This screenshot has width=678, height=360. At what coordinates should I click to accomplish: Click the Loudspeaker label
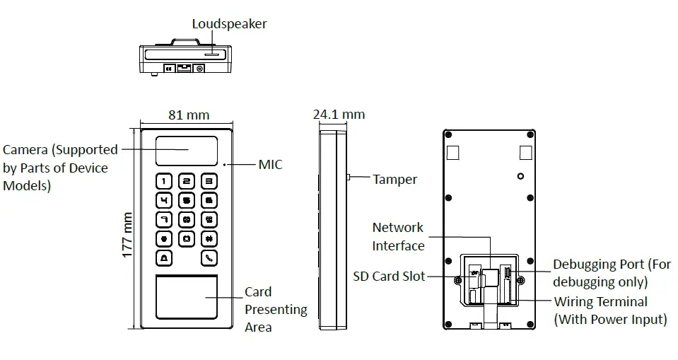(x=229, y=24)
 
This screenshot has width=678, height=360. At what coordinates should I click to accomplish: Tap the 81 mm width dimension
(x=188, y=115)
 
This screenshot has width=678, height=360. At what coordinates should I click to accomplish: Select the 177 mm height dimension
(x=128, y=234)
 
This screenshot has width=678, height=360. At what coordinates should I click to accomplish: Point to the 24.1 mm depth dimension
(x=339, y=114)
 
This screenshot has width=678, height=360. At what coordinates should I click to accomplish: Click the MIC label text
(x=270, y=165)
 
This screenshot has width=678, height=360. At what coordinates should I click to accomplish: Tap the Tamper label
(x=394, y=180)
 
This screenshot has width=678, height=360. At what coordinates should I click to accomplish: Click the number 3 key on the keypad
(x=209, y=182)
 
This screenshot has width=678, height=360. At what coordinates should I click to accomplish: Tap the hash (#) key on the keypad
(x=209, y=239)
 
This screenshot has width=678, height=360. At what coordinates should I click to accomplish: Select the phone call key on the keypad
(x=209, y=258)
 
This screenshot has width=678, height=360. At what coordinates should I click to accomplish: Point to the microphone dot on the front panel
(x=226, y=165)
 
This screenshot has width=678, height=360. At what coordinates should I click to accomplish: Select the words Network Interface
(x=398, y=237)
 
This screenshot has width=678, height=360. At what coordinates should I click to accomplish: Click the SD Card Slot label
(x=389, y=276)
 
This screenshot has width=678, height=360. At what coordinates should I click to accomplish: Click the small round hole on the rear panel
(x=520, y=176)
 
